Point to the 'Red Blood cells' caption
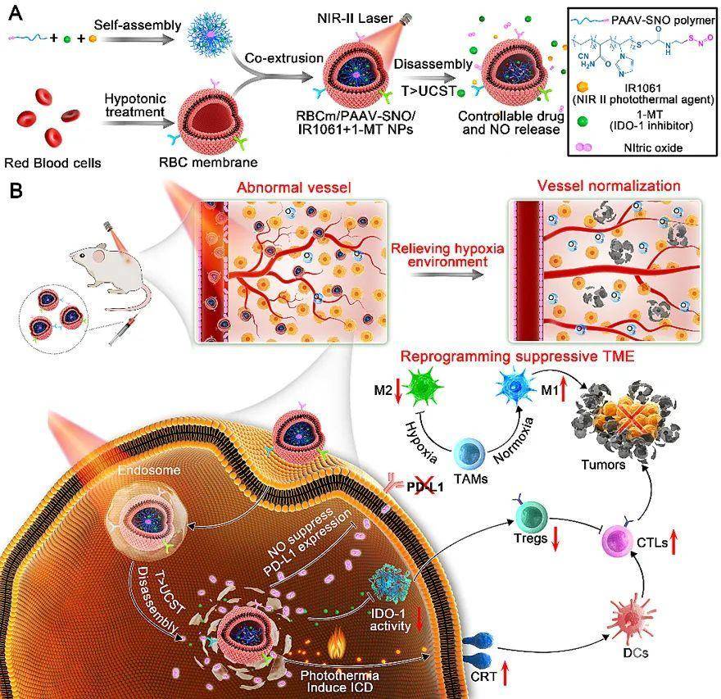(x=52, y=162)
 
